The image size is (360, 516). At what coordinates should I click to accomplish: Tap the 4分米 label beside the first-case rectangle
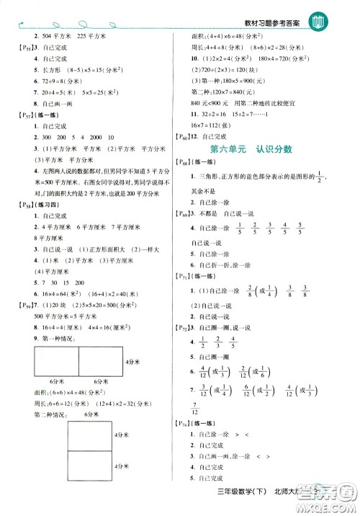(x=134, y=359)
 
